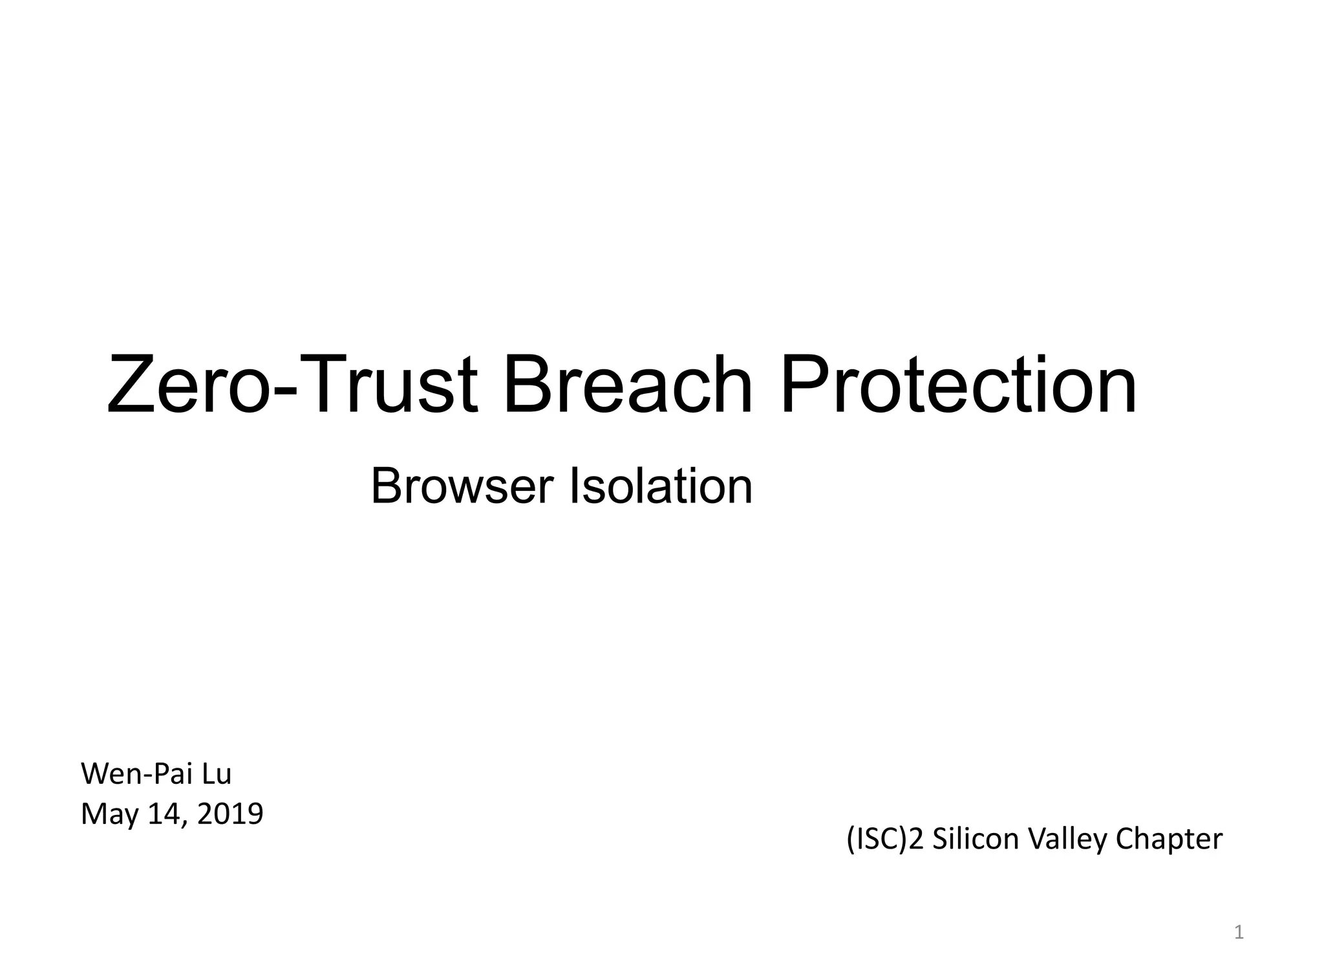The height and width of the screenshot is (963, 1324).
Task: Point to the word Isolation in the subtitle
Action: (x=660, y=486)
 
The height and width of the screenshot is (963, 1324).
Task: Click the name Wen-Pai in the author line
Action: (x=136, y=774)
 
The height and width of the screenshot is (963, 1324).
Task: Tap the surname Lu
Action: (x=217, y=774)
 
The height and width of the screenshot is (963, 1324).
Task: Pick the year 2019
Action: (x=230, y=814)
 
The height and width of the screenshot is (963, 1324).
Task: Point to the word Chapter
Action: (x=1169, y=839)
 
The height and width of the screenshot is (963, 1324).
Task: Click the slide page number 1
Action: (x=1239, y=933)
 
